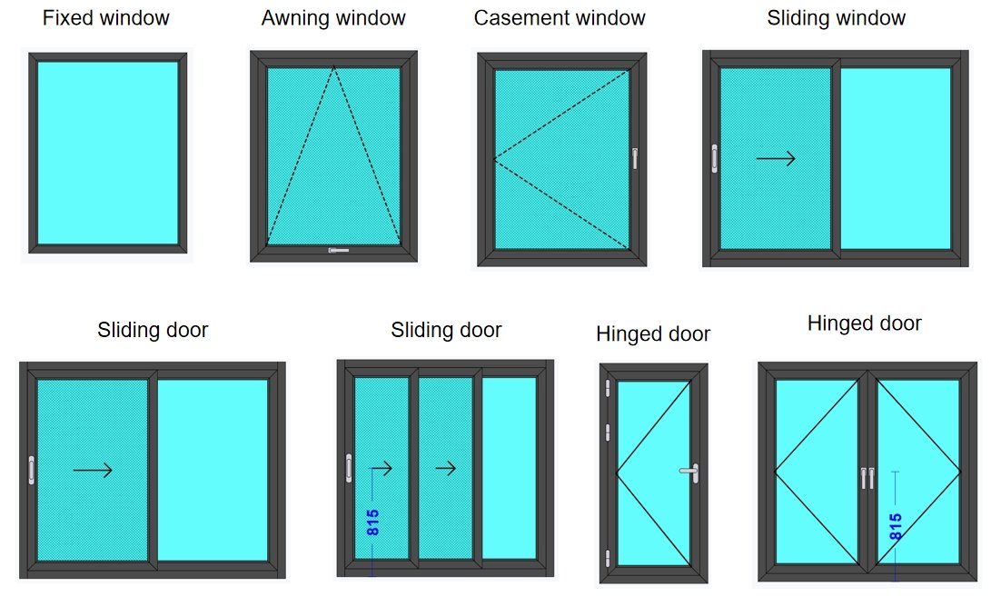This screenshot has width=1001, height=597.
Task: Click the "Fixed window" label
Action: [x=106, y=17]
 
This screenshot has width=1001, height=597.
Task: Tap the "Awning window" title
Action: [x=333, y=17]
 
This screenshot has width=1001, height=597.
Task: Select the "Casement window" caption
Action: [x=560, y=17]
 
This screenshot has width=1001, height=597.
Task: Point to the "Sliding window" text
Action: [x=836, y=17]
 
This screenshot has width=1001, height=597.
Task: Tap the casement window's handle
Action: [x=635, y=158]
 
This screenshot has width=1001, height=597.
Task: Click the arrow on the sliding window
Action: [x=776, y=159]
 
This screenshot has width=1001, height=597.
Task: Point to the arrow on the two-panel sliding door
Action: [x=93, y=470]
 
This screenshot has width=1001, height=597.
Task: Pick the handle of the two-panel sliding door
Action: [x=32, y=470]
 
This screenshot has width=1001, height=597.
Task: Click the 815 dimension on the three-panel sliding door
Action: [x=372, y=522]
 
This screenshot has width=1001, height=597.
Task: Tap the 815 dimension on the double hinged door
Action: [x=895, y=527]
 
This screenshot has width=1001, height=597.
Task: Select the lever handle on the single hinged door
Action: [x=689, y=471]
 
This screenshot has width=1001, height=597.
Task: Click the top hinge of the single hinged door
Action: [x=607, y=389]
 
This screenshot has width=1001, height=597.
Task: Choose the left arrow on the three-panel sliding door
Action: [x=382, y=469]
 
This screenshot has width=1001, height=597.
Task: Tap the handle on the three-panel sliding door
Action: [x=349, y=468]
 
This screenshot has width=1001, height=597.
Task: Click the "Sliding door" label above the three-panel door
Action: [x=446, y=330]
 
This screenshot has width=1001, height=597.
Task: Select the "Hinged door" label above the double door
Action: [x=864, y=323]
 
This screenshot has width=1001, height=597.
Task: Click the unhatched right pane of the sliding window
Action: [x=895, y=158]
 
